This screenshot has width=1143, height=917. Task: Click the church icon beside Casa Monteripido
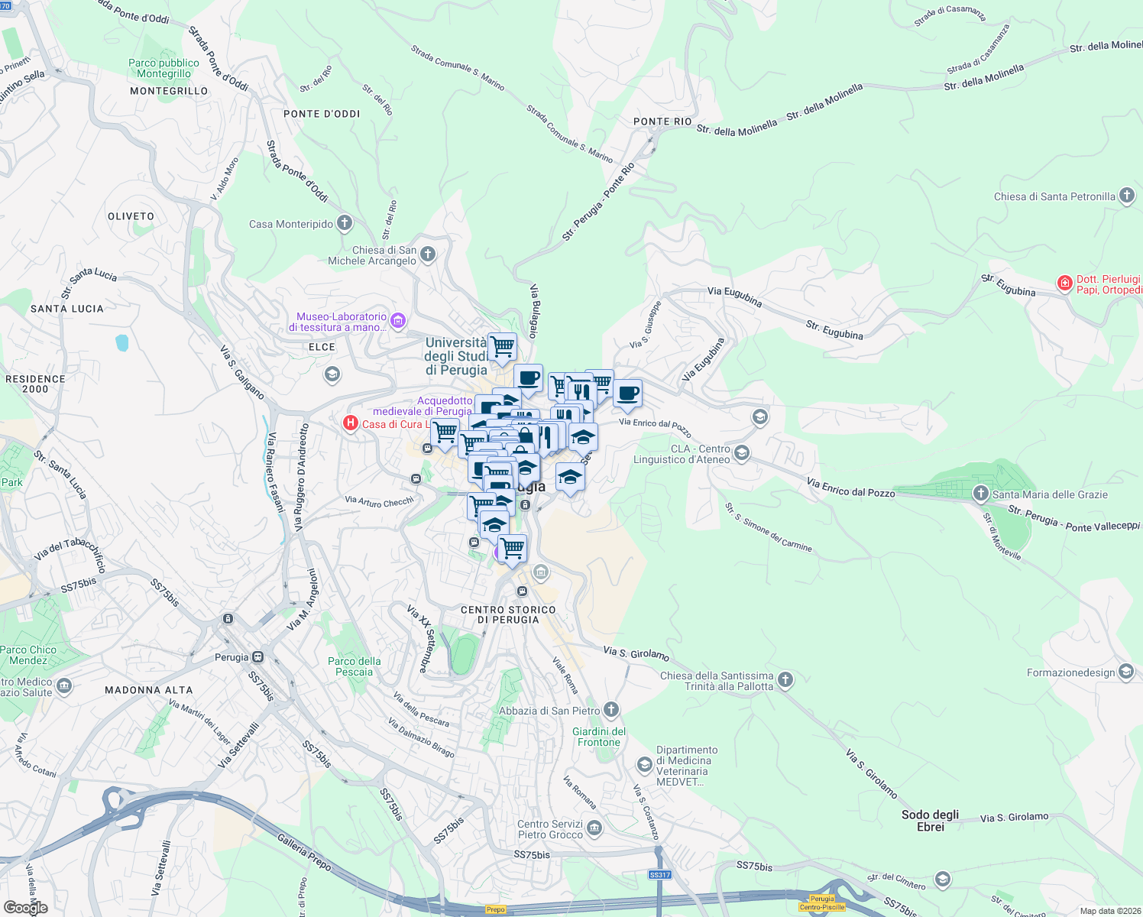345,223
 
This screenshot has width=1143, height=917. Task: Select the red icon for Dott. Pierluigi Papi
1064,284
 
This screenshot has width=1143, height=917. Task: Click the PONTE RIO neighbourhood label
662,122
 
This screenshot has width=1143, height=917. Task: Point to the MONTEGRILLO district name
169,91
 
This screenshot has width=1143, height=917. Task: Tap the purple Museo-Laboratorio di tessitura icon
398,321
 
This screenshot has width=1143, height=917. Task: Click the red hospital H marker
351,423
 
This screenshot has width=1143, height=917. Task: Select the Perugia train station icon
258,656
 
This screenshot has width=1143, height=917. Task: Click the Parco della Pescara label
354,666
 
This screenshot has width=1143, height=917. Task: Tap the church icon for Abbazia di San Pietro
610,710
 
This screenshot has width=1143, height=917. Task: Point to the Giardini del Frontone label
599,737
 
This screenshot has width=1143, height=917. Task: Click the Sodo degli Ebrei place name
930,820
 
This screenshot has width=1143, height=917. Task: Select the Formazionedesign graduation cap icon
1125,672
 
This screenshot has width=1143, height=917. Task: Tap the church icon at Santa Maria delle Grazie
980,494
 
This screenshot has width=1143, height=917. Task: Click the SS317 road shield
659,875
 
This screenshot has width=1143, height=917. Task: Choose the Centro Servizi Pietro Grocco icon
594,828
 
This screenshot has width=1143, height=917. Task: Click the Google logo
26,907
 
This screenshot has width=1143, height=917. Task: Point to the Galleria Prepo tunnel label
304,852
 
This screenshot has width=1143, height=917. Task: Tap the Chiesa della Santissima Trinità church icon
785,679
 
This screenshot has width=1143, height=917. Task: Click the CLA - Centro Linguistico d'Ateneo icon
741,454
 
